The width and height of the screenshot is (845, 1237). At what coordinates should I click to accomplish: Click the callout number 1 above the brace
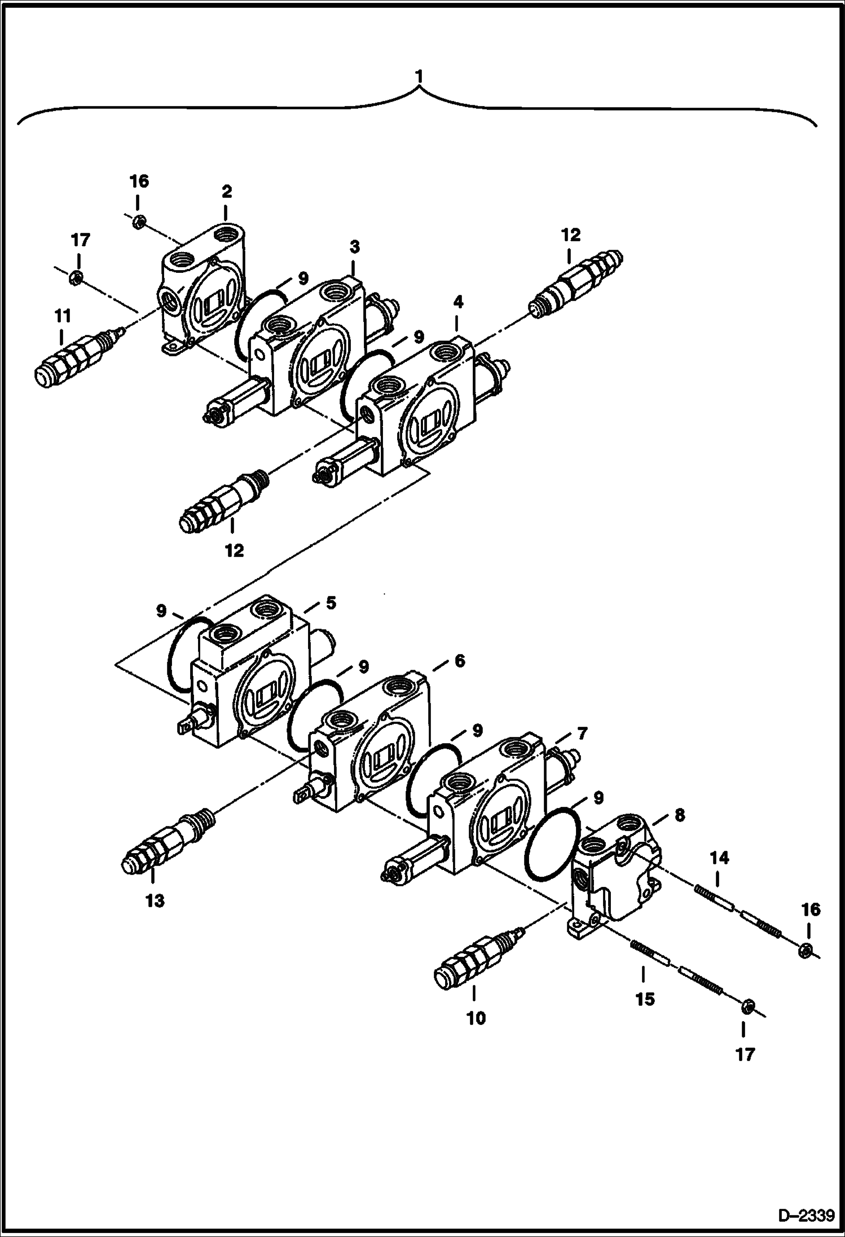[418, 75]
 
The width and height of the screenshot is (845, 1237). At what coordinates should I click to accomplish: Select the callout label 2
[226, 192]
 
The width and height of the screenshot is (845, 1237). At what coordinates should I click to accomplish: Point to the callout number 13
[155, 900]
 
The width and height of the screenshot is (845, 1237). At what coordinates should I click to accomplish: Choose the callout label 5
[330, 603]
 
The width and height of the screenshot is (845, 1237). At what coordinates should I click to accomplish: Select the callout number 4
[458, 303]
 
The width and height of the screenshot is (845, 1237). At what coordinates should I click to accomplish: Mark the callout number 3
[354, 247]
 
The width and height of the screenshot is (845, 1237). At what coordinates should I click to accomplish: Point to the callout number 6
[460, 660]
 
